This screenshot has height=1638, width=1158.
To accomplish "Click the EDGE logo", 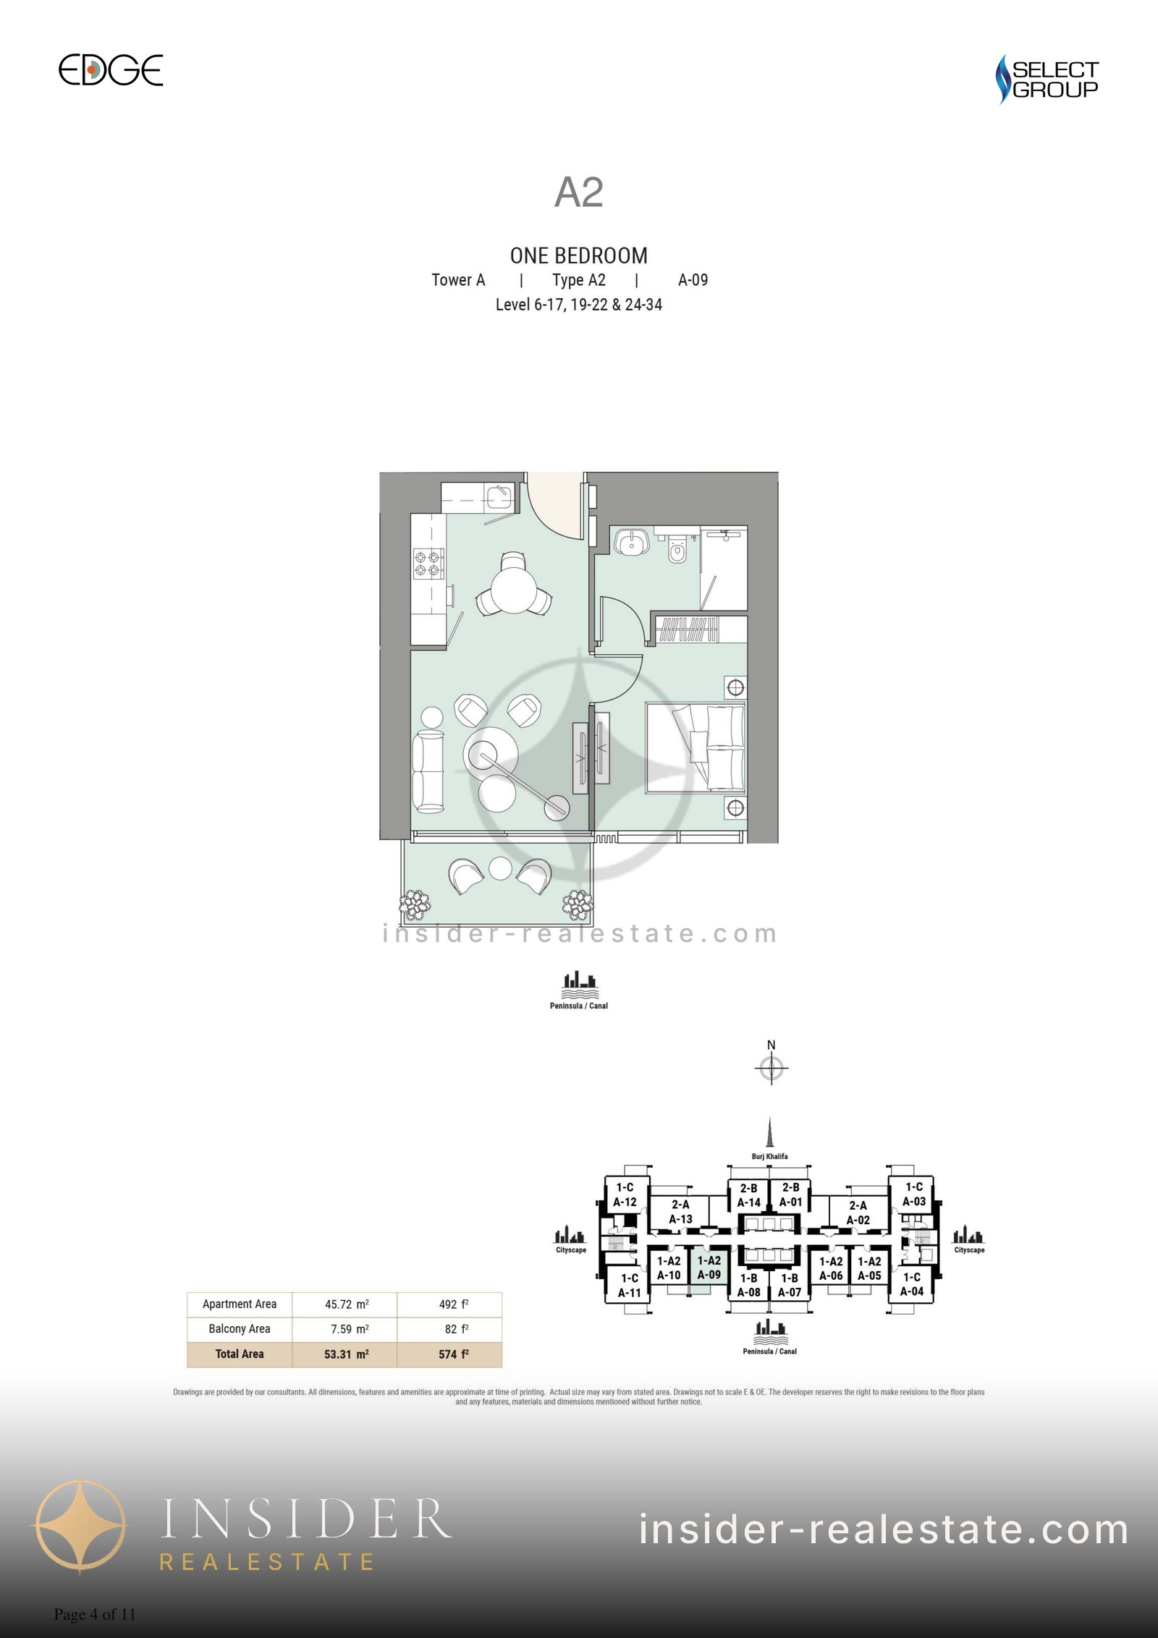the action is (x=111, y=70).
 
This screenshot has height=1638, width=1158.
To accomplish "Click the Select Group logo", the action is (x=1047, y=79).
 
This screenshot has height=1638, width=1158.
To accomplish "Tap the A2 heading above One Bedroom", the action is (x=578, y=192).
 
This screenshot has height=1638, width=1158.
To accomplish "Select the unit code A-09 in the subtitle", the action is (x=693, y=280).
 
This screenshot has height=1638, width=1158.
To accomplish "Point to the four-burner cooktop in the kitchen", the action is (x=428, y=564).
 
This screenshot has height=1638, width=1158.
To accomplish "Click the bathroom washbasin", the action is (x=632, y=541).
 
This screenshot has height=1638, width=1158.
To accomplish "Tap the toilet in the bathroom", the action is (x=677, y=551).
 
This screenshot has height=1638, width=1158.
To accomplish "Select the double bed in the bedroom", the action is (x=695, y=747).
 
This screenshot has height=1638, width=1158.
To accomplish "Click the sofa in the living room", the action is (x=428, y=771).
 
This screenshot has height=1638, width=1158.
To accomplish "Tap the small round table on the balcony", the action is (x=500, y=868).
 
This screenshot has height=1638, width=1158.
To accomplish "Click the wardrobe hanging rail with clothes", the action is (x=687, y=629).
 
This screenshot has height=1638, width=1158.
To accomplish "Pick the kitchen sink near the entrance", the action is (x=499, y=497).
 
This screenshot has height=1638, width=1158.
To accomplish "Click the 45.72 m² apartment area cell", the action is (x=345, y=1304).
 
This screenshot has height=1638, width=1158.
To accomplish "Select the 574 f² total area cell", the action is (x=450, y=1354).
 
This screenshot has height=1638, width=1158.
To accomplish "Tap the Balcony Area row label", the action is (x=240, y=1329).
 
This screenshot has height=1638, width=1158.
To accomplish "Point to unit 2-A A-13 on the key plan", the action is (x=680, y=1212).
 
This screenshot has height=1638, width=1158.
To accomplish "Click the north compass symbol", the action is (x=772, y=1067).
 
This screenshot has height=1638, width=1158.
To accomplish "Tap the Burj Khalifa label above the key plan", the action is (x=770, y=1156).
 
